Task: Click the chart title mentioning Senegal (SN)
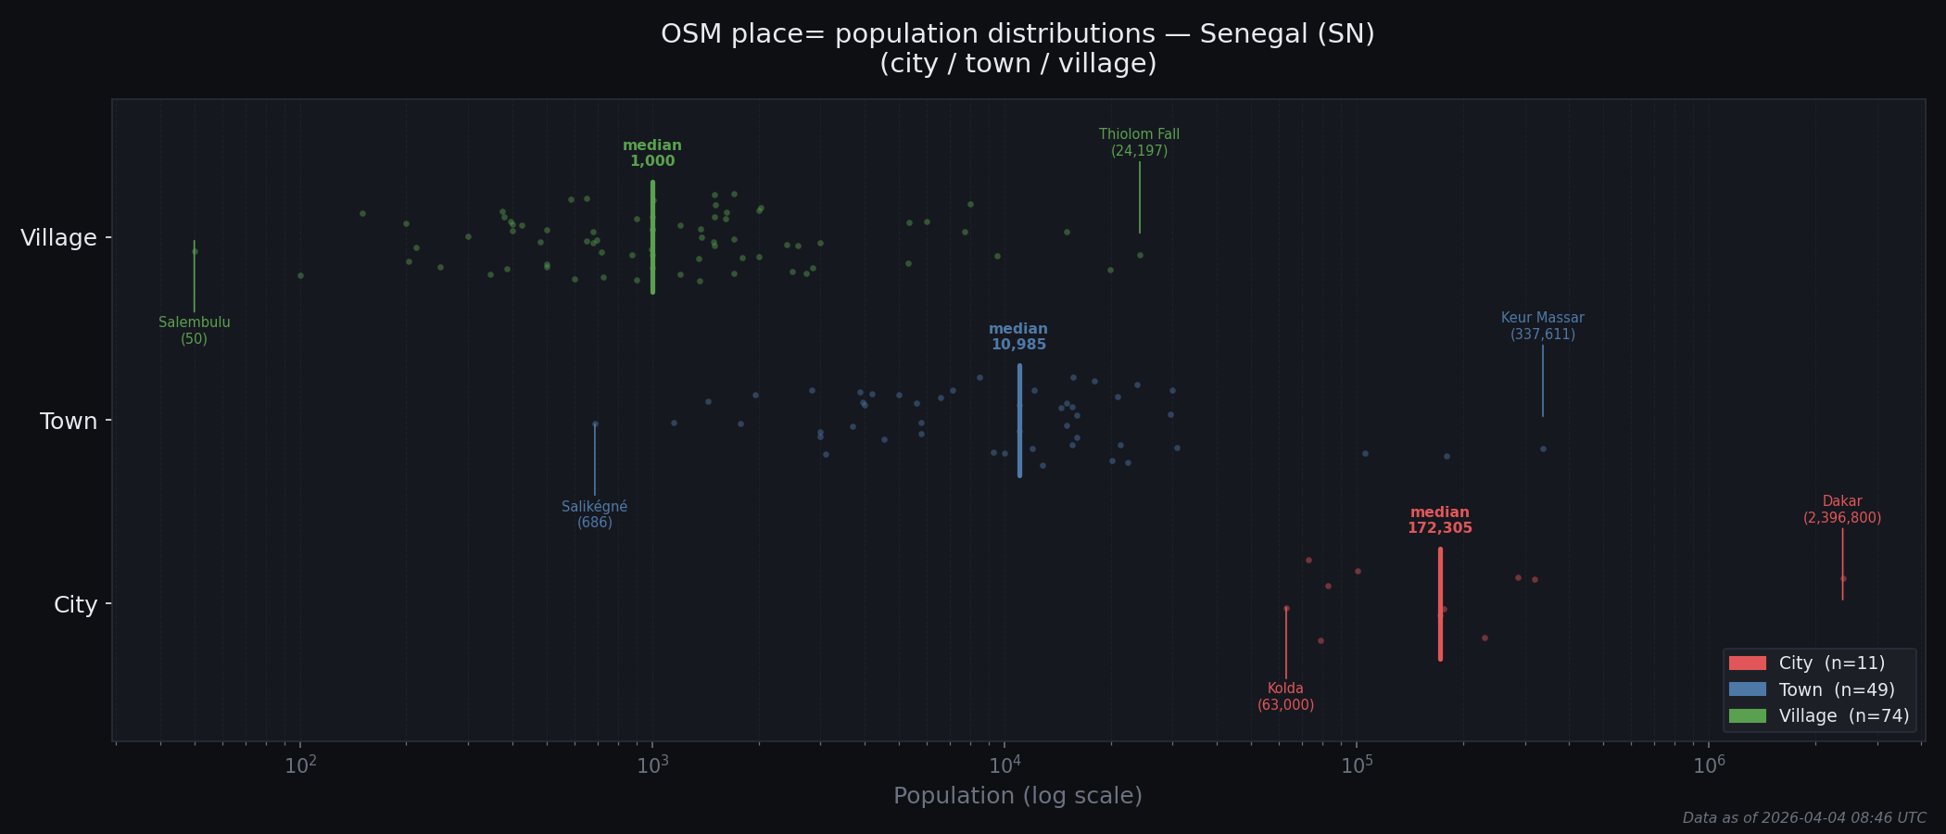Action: tap(1017, 48)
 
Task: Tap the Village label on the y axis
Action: tap(58, 238)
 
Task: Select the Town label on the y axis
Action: tap(69, 422)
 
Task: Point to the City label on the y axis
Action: tap(75, 605)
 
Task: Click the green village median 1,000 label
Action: tap(652, 154)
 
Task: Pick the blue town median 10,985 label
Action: tap(1018, 337)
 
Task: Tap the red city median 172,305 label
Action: tap(1439, 521)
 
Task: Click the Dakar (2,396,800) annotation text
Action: tap(1842, 510)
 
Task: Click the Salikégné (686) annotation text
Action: tap(595, 514)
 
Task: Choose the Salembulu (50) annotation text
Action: tap(195, 331)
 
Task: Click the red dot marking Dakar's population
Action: tap(1843, 579)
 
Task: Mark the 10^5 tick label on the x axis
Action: tap(1357, 765)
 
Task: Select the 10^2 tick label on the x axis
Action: tap(300, 765)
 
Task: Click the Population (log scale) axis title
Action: tap(1017, 796)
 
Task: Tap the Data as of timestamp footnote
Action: tap(1804, 818)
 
